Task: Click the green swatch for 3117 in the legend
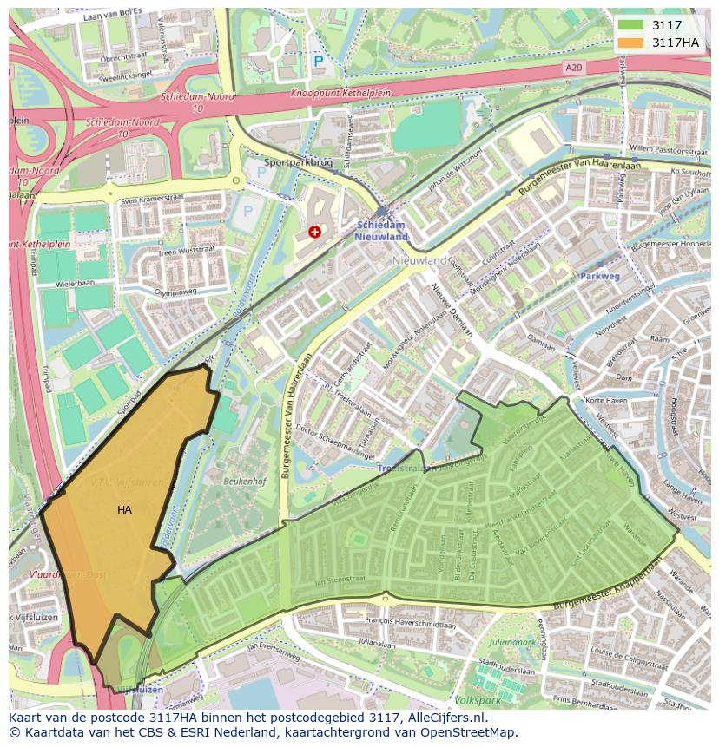tap(631, 26)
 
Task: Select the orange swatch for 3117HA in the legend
tap(631, 43)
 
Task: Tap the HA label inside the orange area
tap(124, 510)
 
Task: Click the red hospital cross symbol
tap(314, 232)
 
